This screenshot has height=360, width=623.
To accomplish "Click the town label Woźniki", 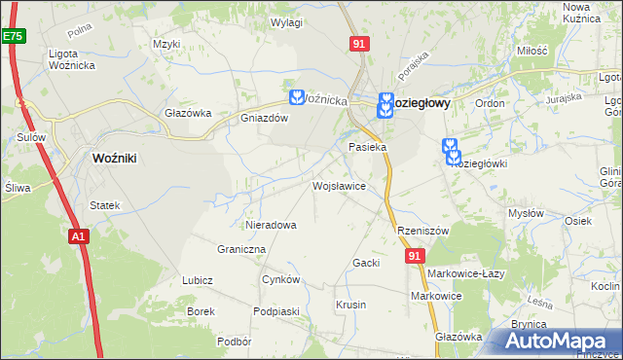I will pyautogui.click(x=120, y=158).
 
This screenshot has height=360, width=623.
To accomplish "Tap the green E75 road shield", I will pyautogui.click(x=13, y=36).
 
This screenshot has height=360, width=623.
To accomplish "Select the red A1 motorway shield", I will pyautogui.click(x=79, y=235).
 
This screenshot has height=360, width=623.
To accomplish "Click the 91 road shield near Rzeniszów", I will pyautogui.click(x=416, y=255).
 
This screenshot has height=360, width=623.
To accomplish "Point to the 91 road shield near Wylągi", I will pyautogui.click(x=359, y=43).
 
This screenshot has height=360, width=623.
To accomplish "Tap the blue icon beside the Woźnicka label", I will pyautogui.click(x=296, y=96).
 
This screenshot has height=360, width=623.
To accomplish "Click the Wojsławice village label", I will pyautogui.click(x=338, y=185).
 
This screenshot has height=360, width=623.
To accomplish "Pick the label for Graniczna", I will pyautogui.click(x=242, y=249).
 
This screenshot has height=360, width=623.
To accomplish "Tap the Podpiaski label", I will pyautogui.click(x=275, y=310).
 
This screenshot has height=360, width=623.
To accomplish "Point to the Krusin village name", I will pyautogui.click(x=350, y=305).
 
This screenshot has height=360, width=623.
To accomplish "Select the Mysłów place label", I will pyautogui.click(x=526, y=213).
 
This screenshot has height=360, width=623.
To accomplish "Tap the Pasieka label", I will pyautogui.click(x=368, y=147).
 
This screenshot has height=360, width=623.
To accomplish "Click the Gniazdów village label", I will pyautogui.click(x=265, y=119).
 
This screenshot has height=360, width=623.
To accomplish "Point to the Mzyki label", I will pyautogui.click(x=167, y=44).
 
